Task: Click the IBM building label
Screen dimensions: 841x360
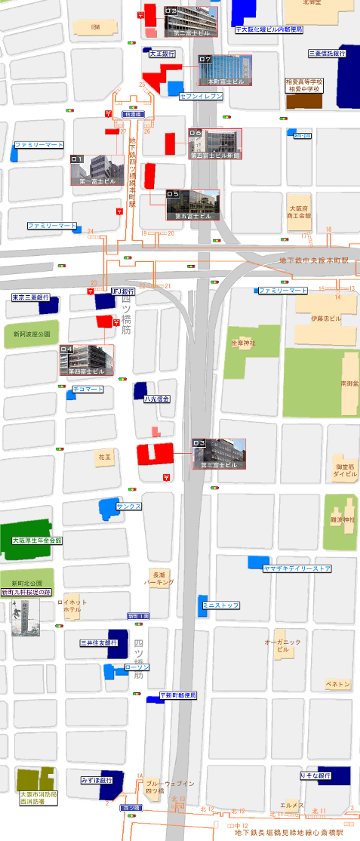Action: [95, 27]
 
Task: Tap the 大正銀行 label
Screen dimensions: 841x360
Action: [162, 54]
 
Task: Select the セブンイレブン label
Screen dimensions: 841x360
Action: [201, 97]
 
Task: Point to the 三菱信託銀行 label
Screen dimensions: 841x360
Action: [328, 54]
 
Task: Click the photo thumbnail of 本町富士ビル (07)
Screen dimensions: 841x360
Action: [224, 70]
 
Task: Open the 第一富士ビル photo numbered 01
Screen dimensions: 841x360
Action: [97, 170]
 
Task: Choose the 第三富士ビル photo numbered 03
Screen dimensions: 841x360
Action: [218, 454]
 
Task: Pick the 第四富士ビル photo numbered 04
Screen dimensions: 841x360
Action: [86, 360]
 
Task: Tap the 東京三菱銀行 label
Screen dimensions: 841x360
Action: [30, 297]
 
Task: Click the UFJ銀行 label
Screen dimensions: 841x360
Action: [122, 291]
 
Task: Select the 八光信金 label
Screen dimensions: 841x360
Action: [157, 399]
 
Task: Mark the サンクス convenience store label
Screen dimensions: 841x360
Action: [129, 506]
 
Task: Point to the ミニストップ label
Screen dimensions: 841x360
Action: [220, 605]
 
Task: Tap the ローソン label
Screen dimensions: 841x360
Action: [137, 667]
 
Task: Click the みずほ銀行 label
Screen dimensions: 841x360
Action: [97, 779]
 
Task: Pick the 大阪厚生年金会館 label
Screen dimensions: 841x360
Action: [37, 541]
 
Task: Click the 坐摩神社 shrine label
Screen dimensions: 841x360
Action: [243, 343]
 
